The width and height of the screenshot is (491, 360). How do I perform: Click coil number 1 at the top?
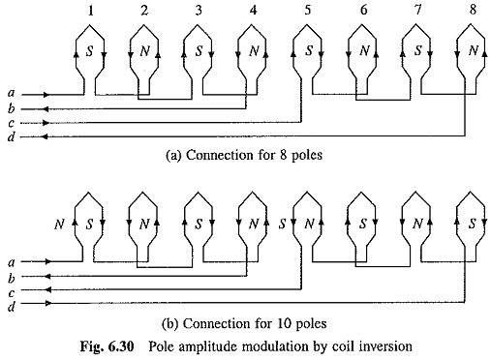pyautogui.click(x=91, y=11)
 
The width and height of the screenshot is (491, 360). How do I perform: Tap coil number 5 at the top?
pyautogui.click(x=308, y=10)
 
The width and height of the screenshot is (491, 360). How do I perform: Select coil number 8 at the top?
pyautogui.click(x=473, y=10)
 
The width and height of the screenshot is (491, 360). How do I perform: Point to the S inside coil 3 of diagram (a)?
pyautogui.click(x=199, y=50)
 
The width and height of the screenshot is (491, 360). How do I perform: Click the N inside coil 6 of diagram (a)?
pyautogui.click(x=365, y=50)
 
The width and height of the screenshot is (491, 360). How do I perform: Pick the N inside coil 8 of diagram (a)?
pyautogui.click(x=474, y=50)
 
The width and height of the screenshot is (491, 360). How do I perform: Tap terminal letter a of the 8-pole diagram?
pyautogui.click(x=12, y=94)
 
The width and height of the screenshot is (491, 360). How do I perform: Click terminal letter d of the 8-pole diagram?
pyautogui.click(x=12, y=137)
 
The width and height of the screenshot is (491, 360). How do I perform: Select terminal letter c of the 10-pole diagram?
pyautogui.click(x=12, y=293)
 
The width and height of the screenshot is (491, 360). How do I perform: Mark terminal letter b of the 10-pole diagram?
pyautogui.click(x=12, y=278)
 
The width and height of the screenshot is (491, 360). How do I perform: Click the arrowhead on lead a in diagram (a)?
pyautogui.click(x=46, y=95)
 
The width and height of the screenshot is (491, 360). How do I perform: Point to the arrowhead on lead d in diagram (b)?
pyautogui.click(x=48, y=303)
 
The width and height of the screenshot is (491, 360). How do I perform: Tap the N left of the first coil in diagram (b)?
pyautogui.click(x=59, y=224)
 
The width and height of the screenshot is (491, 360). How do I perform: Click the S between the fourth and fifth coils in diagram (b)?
pyautogui.click(x=283, y=224)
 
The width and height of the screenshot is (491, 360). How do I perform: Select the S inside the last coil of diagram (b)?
pyautogui.click(x=473, y=224)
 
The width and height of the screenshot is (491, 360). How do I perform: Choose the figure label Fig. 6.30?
pyautogui.click(x=107, y=346)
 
